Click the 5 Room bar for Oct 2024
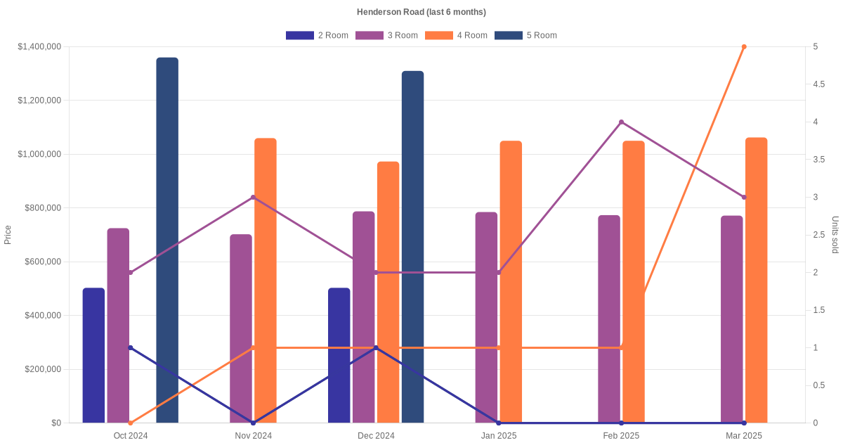[x=167, y=240]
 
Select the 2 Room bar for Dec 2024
[x=339, y=355]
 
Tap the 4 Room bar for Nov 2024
[x=266, y=281]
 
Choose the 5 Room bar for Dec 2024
[x=413, y=247]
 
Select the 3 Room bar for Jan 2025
[x=486, y=317]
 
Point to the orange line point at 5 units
[x=744, y=47]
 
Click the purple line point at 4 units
[x=621, y=122]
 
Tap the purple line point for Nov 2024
[x=253, y=198]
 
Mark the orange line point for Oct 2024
[x=131, y=423]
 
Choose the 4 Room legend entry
[x=457, y=35]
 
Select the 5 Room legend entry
[x=526, y=35]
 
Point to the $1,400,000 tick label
[x=39, y=47]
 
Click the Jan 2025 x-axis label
[x=499, y=436]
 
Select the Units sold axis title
[x=835, y=235]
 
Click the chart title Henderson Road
[x=421, y=12]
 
